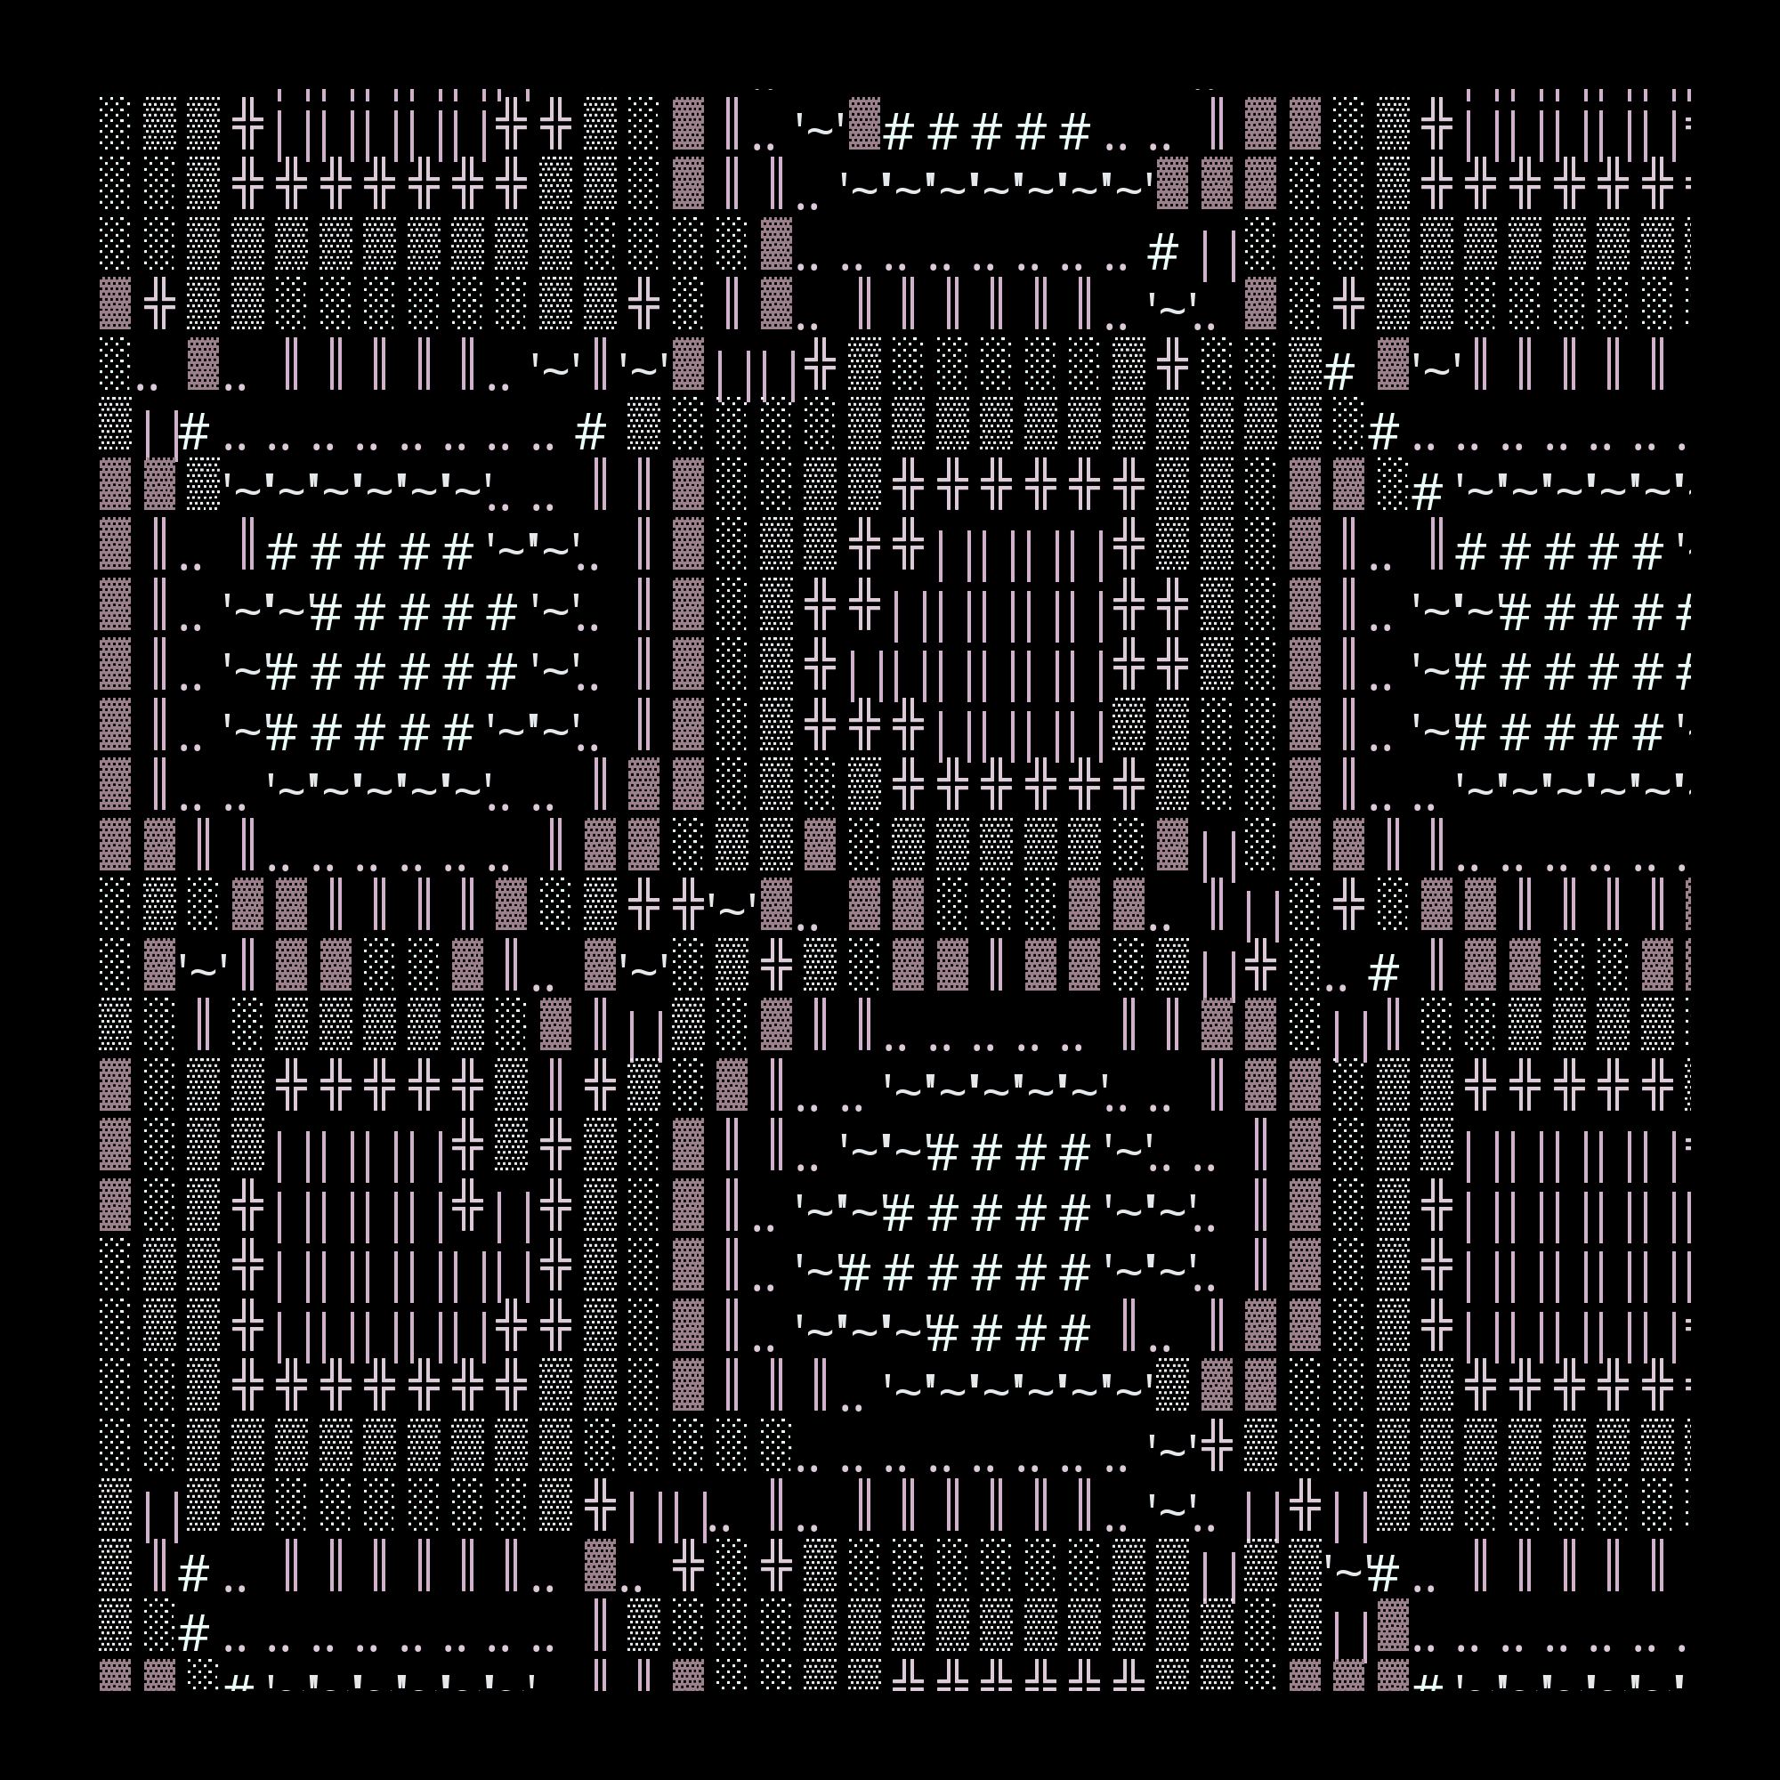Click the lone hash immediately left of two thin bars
[x=1162, y=253]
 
